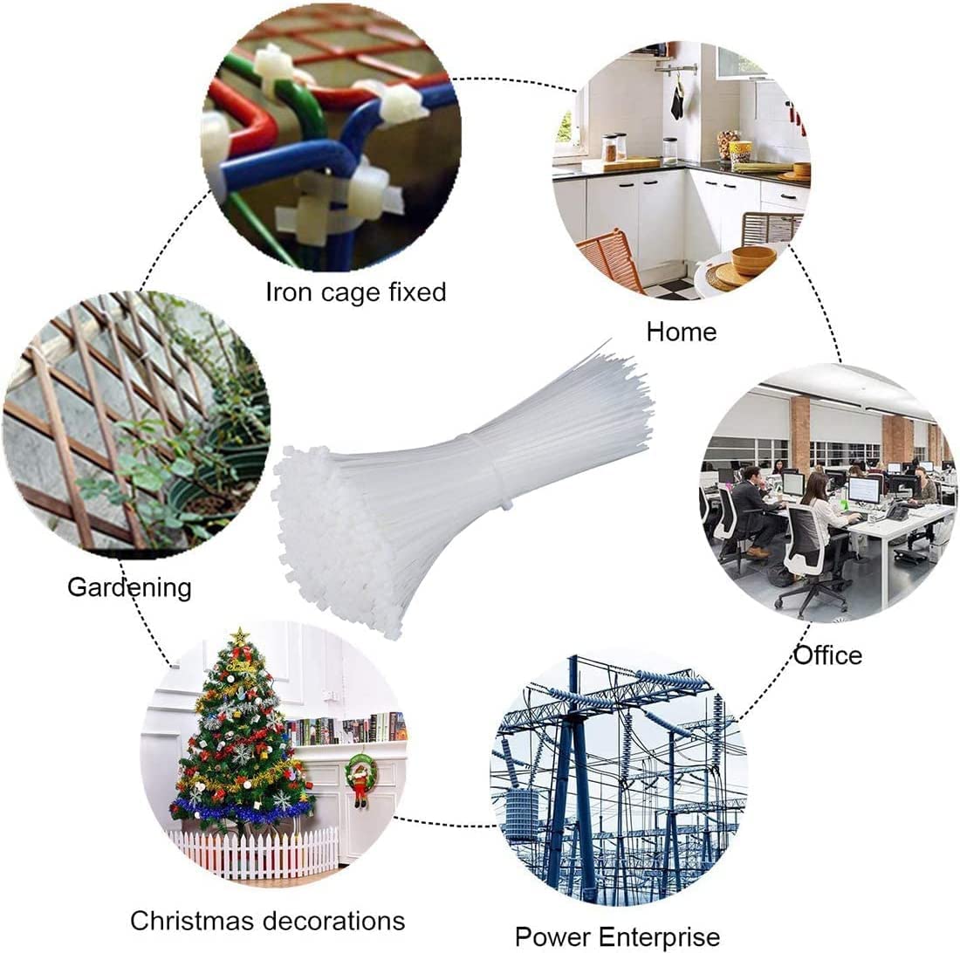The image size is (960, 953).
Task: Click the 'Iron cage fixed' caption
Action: [x=356, y=292]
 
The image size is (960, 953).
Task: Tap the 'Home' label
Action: [x=682, y=332]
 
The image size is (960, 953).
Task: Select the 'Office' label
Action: [x=828, y=655]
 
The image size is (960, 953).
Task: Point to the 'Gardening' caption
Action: [x=129, y=587]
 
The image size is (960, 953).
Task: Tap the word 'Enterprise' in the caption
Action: [x=659, y=936]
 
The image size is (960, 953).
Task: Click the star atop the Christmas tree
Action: [x=241, y=635]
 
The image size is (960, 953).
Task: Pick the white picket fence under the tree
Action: [x=254, y=853]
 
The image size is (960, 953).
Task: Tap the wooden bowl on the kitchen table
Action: [x=754, y=259]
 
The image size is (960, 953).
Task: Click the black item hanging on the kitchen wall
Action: [x=676, y=101]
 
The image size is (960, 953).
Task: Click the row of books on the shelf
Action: [x=346, y=730]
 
